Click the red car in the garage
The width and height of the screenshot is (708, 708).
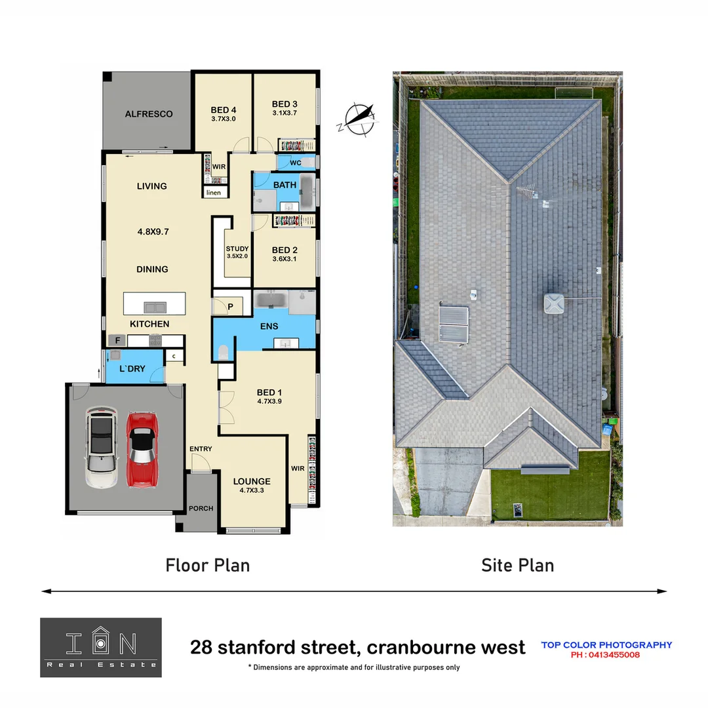tap(142, 449)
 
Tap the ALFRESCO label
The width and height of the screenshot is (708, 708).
tap(149, 114)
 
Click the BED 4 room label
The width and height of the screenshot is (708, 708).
tap(223, 110)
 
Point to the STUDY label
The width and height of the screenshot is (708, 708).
tap(237, 249)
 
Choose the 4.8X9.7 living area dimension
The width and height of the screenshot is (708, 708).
tap(152, 231)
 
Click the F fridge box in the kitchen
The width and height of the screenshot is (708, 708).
tap(118, 340)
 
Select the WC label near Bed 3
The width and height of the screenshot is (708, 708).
tap(295, 163)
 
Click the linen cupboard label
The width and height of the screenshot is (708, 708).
tap(214, 193)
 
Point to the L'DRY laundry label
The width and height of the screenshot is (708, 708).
tap(132, 369)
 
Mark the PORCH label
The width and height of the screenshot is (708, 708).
tap(201, 508)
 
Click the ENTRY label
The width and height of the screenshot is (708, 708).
tap(201, 449)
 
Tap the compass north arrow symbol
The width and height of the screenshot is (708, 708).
tap(359, 119)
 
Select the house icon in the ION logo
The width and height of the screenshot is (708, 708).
tap(100, 644)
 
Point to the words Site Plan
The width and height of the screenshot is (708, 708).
tap(517, 565)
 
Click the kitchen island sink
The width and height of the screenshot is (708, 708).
tap(155, 307)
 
